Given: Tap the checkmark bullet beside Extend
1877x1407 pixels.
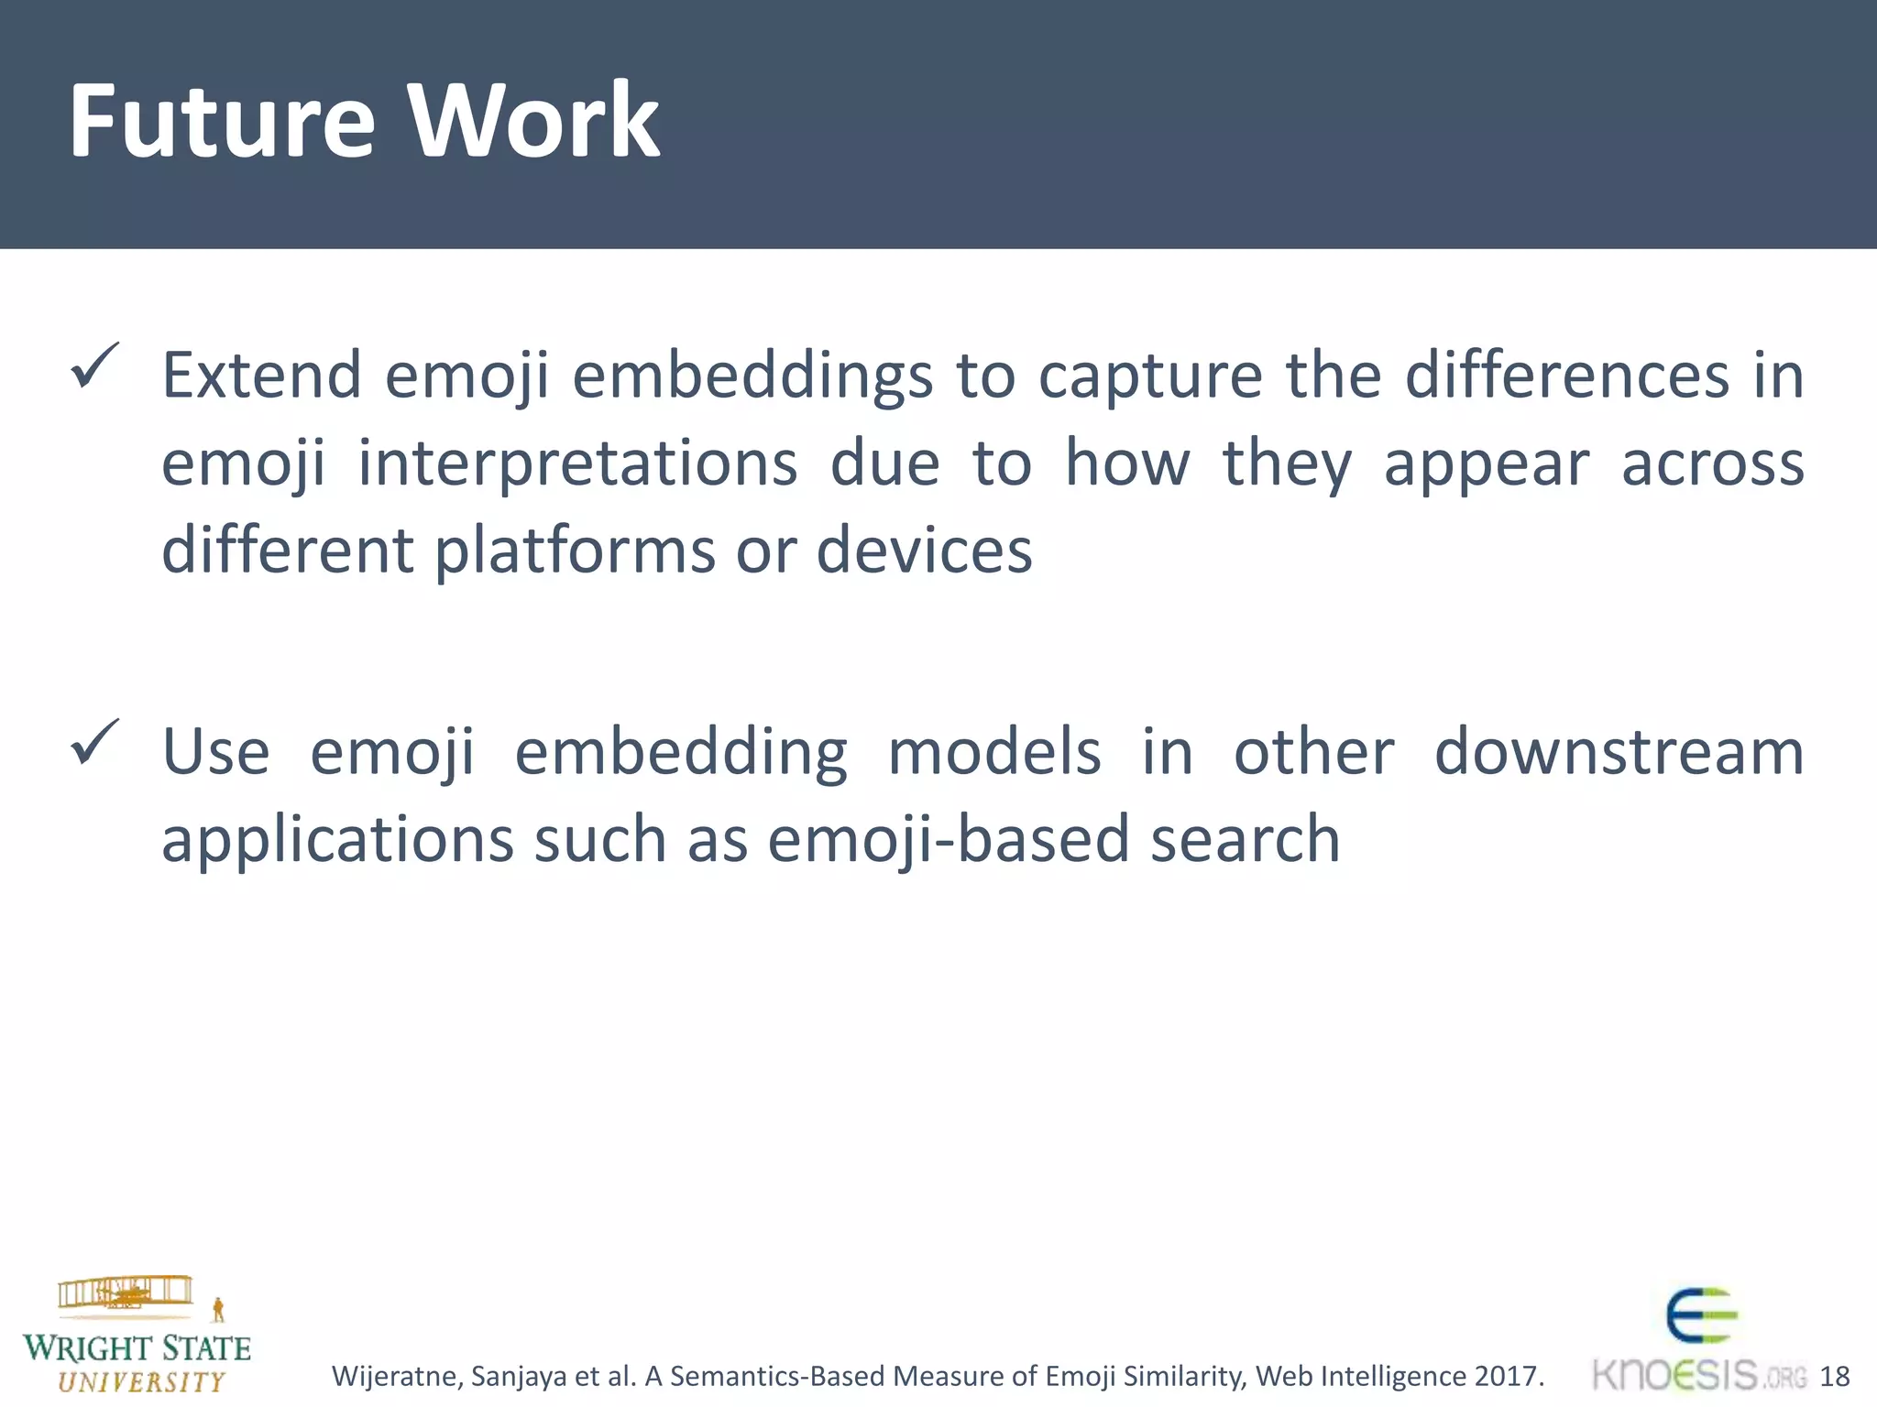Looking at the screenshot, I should click(x=94, y=366).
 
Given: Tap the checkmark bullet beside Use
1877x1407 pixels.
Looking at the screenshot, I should click(x=94, y=743).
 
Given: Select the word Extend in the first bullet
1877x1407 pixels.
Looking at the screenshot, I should click(x=262, y=376).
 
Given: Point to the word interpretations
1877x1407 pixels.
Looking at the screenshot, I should click(x=577, y=464).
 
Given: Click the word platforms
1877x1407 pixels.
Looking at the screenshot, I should click(x=575, y=551).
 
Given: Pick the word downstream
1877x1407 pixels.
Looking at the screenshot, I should click(x=1619, y=752).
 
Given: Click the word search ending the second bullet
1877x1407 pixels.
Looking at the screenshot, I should click(x=1246, y=839).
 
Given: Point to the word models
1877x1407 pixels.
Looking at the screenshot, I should click(x=994, y=752).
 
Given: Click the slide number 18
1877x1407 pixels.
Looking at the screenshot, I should click(x=1834, y=1376).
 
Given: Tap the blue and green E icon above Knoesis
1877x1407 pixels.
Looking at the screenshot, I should click(x=1701, y=1315).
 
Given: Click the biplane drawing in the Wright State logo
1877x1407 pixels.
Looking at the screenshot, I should click(x=126, y=1292).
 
